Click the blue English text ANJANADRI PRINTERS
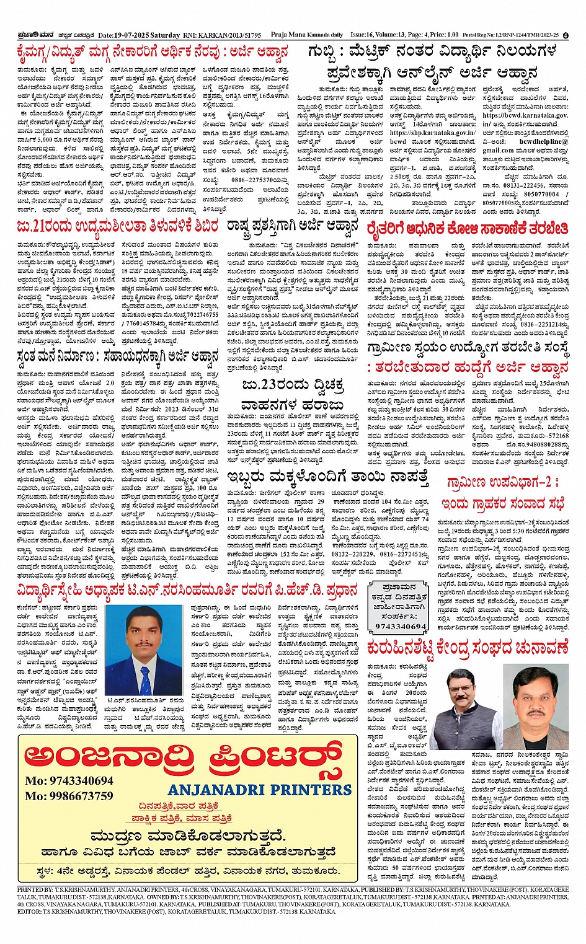259,790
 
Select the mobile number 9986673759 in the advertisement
69,796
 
